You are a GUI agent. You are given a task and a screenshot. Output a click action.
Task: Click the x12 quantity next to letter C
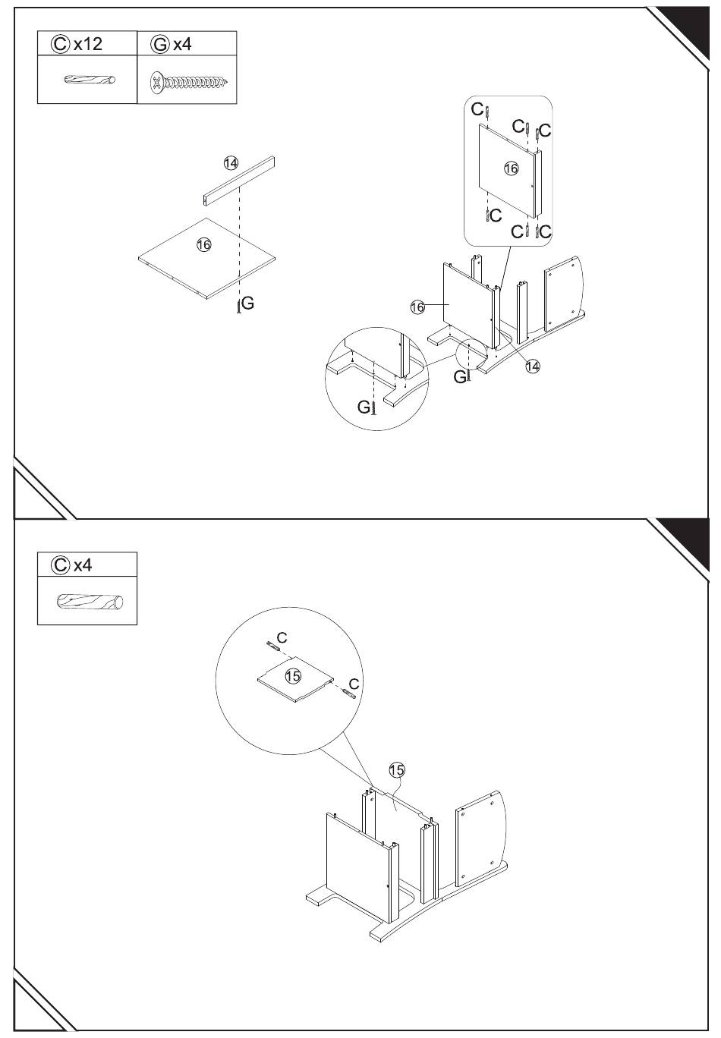[88, 44]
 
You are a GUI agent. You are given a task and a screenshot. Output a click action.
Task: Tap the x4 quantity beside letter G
[182, 45]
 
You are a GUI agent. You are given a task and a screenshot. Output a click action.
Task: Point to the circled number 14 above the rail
[231, 163]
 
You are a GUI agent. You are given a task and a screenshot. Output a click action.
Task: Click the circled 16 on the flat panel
[204, 244]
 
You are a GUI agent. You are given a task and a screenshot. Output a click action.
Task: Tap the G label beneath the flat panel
[248, 303]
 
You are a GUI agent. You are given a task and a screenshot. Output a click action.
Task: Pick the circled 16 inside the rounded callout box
[511, 168]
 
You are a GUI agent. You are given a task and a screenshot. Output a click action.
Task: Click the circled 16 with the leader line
[417, 307]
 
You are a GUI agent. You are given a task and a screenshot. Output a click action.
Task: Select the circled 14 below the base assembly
[533, 366]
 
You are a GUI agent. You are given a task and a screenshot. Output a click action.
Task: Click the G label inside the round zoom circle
[364, 407]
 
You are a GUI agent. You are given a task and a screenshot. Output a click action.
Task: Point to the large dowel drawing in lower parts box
[90, 602]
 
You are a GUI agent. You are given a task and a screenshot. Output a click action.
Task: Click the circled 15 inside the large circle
[293, 676]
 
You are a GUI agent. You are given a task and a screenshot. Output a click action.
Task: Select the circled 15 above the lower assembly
[397, 770]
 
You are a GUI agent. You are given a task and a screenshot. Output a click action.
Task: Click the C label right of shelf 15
[354, 684]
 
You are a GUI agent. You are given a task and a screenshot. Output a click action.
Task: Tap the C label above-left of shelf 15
[282, 637]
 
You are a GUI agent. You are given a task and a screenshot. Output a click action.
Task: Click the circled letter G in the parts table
[160, 45]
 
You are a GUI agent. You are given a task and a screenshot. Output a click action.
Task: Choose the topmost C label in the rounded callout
[477, 109]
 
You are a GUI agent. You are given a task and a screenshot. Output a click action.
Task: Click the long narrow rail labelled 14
[239, 181]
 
